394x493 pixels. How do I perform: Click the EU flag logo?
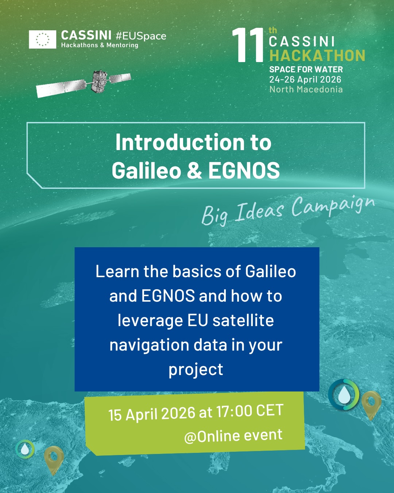pos(42,39)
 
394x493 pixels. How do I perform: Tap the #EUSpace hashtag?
pos(141,36)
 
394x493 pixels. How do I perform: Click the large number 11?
pos(248,45)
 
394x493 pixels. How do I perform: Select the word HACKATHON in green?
pos(317,56)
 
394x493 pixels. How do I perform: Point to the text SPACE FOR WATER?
pos(306,69)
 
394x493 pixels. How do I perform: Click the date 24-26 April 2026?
pos(305,80)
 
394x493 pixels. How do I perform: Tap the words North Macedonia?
pos(306,89)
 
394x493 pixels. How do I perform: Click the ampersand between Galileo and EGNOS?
pos(194,171)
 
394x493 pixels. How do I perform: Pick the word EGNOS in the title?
pos(244,171)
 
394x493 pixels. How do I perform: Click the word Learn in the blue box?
pos(117,271)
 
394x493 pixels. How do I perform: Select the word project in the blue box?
pos(196,370)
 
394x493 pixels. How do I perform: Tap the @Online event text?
pos(233,436)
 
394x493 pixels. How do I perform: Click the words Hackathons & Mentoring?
pos(100,45)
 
